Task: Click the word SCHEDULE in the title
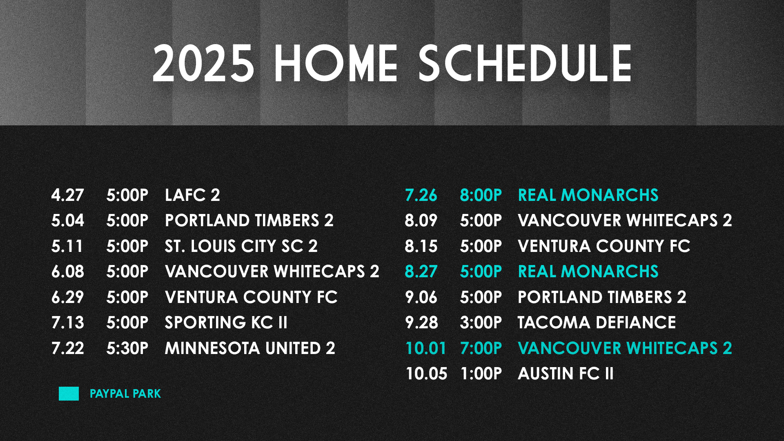pyautogui.click(x=525, y=64)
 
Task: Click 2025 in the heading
pyautogui.click(x=203, y=64)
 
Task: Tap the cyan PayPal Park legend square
pyautogui.click(x=69, y=394)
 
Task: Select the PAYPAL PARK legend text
pyautogui.click(x=125, y=394)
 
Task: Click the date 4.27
pyautogui.click(x=67, y=195)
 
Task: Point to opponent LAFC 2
pyautogui.click(x=192, y=195)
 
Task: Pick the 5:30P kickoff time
pyautogui.click(x=127, y=348)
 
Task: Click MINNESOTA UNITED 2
pyautogui.click(x=249, y=348)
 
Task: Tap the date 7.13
pyautogui.click(x=67, y=323)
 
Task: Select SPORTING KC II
pyautogui.click(x=226, y=323)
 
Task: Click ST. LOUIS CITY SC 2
pyautogui.click(x=241, y=246)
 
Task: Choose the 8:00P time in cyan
pyautogui.click(x=481, y=195)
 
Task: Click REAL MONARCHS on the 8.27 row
pyautogui.click(x=588, y=272)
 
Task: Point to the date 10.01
pyautogui.click(x=425, y=348)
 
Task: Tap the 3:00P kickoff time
pyautogui.click(x=481, y=323)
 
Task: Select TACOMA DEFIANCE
pyautogui.click(x=596, y=323)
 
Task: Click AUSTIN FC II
pyautogui.click(x=565, y=374)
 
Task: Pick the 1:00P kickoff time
pyautogui.click(x=481, y=374)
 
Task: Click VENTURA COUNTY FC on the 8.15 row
pyautogui.click(x=604, y=246)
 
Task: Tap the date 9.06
pyautogui.click(x=421, y=297)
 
